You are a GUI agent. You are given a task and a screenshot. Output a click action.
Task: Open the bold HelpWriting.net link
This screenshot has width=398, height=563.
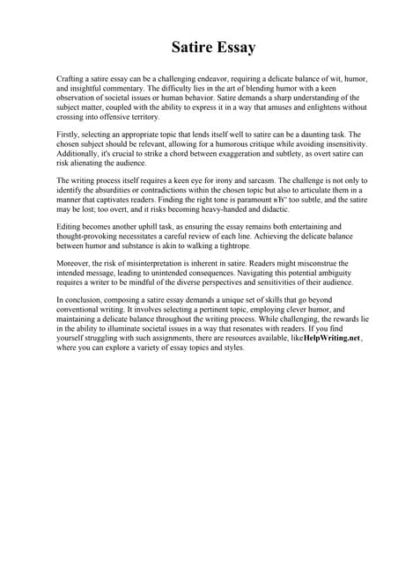[x=331, y=338]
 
